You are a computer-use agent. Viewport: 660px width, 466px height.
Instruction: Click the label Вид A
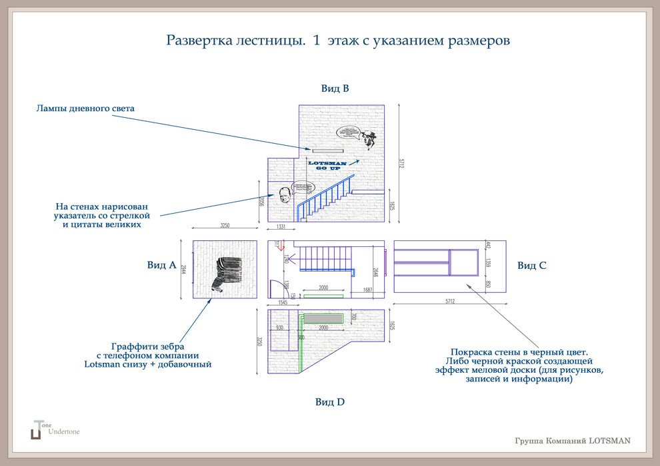coord(161,265)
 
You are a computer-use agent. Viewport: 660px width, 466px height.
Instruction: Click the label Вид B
coord(335,88)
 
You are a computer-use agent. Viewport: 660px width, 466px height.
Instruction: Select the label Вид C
coord(532,265)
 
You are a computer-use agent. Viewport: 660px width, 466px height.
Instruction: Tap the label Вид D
coord(330,401)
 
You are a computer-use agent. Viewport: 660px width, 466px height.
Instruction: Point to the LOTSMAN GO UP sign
coord(328,164)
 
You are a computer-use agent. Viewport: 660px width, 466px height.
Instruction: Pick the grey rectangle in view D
coord(323,318)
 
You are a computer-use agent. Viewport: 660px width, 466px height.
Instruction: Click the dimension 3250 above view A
coord(225,226)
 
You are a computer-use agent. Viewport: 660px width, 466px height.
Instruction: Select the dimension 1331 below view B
coord(281,228)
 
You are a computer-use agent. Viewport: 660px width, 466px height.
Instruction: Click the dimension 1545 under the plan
coord(282,302)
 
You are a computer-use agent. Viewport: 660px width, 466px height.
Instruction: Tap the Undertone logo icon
coord(36,430)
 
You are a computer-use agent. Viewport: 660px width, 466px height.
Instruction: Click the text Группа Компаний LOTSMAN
coord(573,441)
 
